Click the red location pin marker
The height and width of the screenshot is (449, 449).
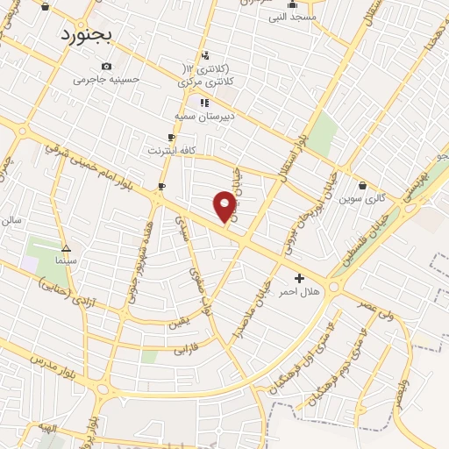click(x=225, y=206)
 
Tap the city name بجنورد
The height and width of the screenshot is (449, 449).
click(x=89, y=34)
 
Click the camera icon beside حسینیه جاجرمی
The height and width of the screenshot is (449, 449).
click(x=106, y=66)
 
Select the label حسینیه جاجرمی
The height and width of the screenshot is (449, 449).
click(x=106, y=79)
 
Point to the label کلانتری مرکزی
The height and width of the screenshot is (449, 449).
click(x=203, y=82)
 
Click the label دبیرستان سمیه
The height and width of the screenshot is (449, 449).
click(x=203, y=115)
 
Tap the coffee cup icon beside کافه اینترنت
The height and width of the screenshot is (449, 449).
click(x=172, y=138)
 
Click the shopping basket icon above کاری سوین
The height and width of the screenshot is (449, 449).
click(x=363, y=185)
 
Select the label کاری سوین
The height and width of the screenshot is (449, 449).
click(x=363, y=198)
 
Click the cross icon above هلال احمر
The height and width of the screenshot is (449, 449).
click(x=300, y=278)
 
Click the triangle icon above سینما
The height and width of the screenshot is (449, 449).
click(x=67, y=248)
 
